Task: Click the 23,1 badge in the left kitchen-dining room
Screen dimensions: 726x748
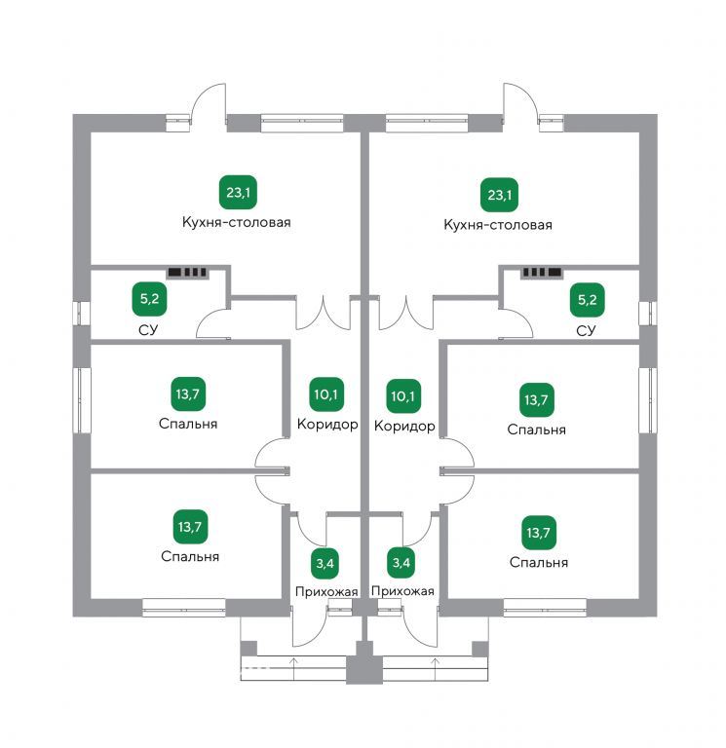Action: tap(238, 192)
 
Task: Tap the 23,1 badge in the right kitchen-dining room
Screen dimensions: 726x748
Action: tap(499, 195)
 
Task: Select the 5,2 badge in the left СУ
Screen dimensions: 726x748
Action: tap(149, 299)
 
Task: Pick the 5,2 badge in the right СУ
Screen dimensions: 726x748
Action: tap(587, 300)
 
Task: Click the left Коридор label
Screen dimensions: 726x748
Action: tap(327, 424)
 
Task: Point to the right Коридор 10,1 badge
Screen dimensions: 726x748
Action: tap(403, 396)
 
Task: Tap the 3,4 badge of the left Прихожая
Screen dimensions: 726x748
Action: tap(325, 563)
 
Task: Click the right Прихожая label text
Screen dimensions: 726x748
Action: tap(402, 591)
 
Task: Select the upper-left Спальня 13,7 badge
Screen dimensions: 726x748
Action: tap(188, 394)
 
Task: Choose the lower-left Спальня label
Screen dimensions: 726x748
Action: tap(190, 556)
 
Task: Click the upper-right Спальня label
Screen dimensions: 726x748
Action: tap(537, 430)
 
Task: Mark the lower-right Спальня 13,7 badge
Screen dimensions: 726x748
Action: tap(539, 533)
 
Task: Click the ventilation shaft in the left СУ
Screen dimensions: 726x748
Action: tap(187, 273)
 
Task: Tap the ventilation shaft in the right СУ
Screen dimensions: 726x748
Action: tap(541, 273)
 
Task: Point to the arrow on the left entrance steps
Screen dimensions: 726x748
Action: tap(293, 668)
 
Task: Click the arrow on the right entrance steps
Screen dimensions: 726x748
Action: tap(436, 668)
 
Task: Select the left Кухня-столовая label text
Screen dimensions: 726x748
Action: tap(237, 222)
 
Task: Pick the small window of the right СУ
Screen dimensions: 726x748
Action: tap(647, 314)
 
